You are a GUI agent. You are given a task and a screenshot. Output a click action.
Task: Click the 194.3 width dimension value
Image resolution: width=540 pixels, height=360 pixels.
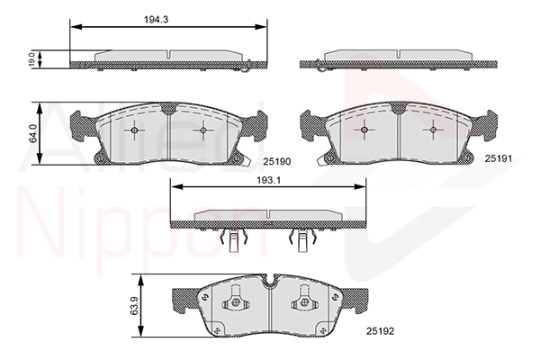point(156,20)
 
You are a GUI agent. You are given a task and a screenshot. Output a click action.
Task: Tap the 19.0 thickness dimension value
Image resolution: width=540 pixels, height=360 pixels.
point(31,59)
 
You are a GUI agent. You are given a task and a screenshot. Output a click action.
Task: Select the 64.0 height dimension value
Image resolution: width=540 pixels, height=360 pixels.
point(32,133)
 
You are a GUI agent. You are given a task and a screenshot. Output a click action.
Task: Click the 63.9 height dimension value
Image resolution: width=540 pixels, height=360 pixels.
point(134,305)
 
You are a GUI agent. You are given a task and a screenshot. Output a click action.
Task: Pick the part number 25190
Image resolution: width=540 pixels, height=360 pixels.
point(277,161)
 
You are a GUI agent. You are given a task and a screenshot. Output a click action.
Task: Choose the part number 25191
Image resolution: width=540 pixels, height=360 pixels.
point(499,158)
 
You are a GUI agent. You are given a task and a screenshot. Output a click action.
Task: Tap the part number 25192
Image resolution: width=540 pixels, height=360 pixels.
point(380,331)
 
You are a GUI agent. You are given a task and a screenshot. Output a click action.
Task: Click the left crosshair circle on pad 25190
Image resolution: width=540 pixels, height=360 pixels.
point(134,130)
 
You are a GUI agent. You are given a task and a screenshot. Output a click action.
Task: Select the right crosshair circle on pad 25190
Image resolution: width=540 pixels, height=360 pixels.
point(202,130)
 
